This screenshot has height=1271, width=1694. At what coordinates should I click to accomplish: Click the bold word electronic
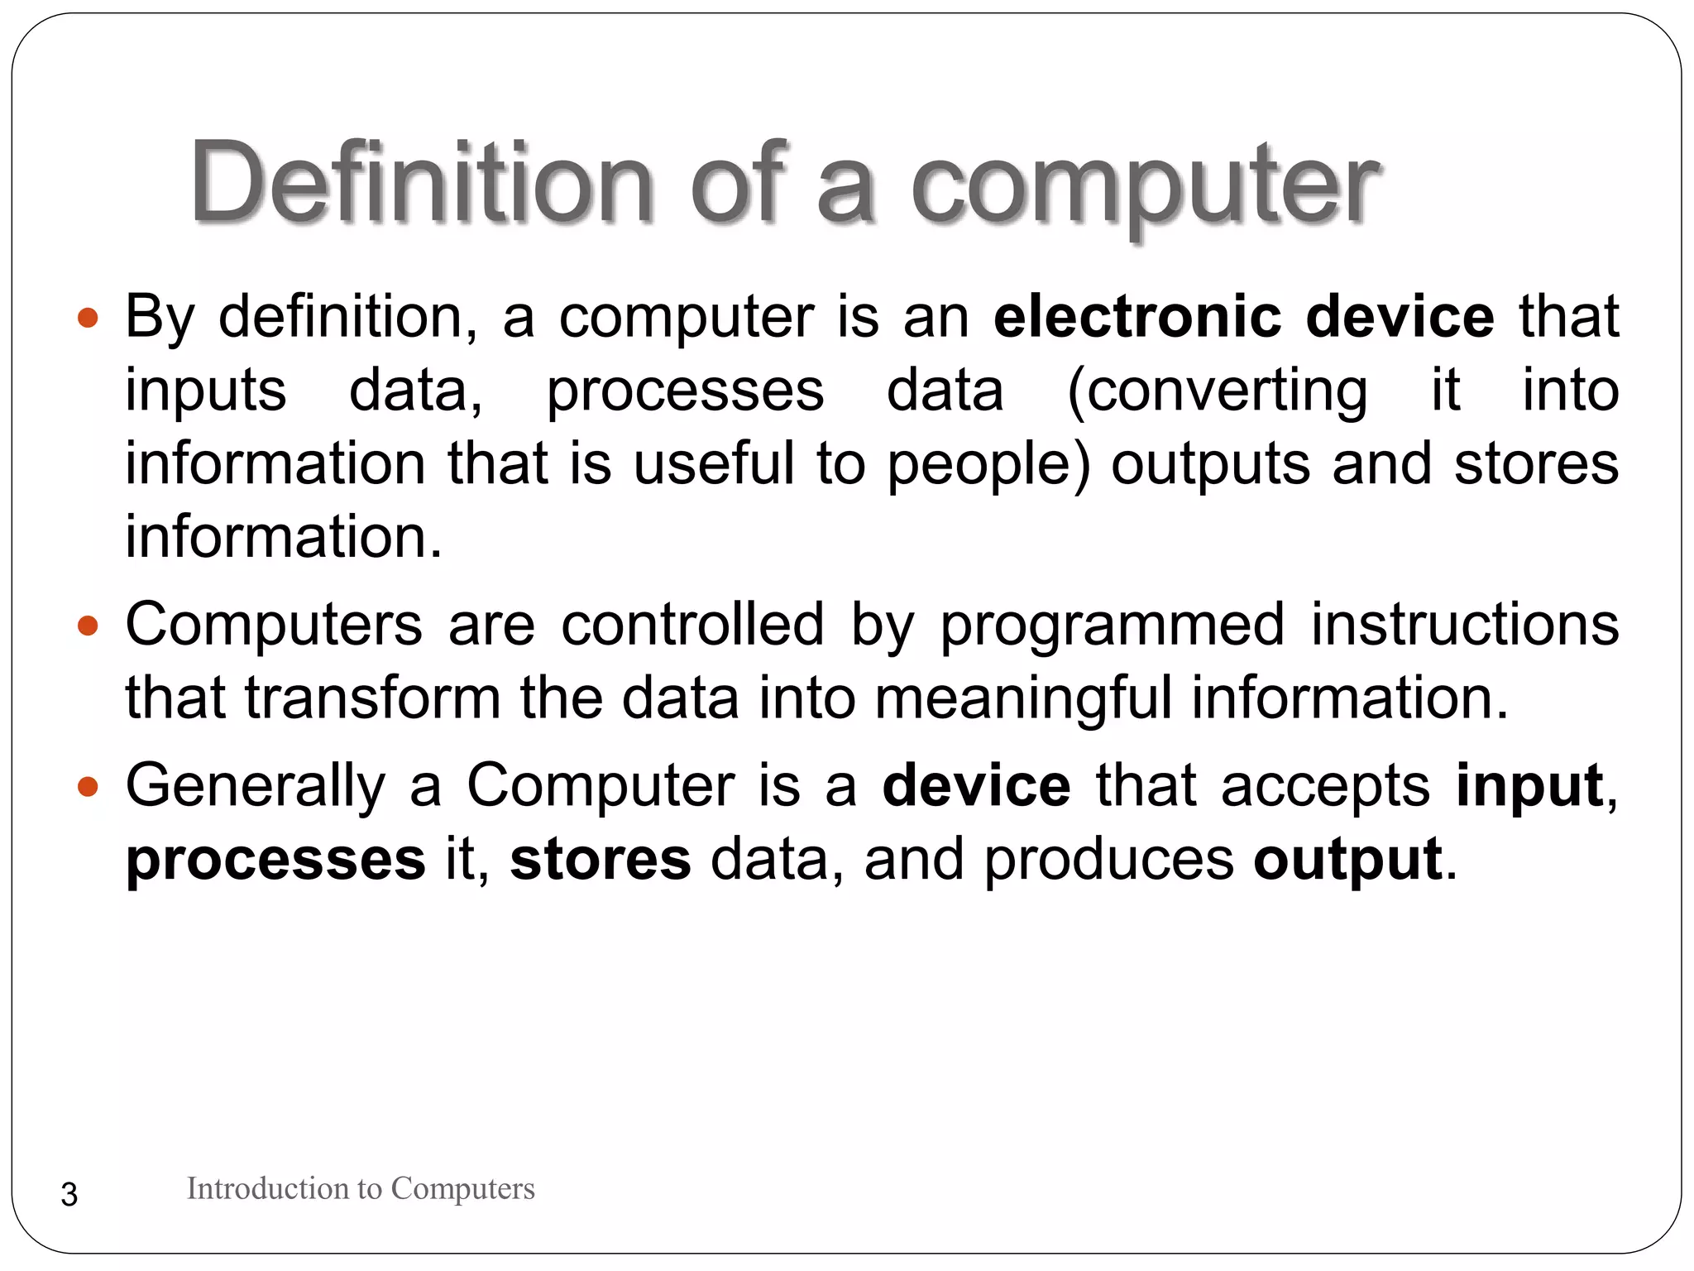(1138, 316)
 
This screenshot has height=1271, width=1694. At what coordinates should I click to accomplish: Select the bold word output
(1347, 860)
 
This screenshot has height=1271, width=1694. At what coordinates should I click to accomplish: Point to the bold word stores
(600, 859)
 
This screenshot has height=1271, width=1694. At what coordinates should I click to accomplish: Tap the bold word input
(1529, 787)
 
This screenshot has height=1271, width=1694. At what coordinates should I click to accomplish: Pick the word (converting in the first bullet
(1217, 391)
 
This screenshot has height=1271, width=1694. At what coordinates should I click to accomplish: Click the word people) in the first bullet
(989, 465)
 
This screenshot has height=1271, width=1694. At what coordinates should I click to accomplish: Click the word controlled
(692, 624)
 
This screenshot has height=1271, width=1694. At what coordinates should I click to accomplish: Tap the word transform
(372, 698)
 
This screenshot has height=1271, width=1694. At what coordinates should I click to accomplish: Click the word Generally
(256, 787)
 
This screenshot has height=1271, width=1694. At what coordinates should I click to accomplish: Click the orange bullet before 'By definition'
(88, 318)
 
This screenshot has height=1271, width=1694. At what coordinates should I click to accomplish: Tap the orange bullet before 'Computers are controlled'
(88, 626)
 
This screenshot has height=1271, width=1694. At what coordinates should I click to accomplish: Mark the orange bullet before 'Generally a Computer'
(88, 786)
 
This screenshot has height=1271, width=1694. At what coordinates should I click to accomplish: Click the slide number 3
(69, 1195)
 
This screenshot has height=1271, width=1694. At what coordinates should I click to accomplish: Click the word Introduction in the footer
(268, 1188)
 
